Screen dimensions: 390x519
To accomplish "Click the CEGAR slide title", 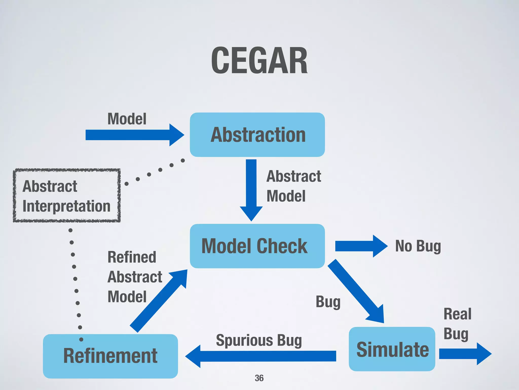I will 259,61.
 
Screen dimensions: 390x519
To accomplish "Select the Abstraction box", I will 257,135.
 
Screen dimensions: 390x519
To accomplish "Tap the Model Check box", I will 257,246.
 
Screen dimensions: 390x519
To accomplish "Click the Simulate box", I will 392,349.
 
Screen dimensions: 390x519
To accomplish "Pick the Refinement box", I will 110,356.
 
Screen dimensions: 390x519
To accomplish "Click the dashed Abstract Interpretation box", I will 67,196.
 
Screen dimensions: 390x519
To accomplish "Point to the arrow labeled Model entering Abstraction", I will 134,135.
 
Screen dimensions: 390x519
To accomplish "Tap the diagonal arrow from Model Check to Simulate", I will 357,292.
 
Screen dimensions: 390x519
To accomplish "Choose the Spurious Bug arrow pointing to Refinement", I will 261,356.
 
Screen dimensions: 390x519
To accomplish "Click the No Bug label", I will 418,246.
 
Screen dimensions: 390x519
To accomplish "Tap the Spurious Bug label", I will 259,340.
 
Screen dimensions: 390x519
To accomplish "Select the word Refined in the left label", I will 132,257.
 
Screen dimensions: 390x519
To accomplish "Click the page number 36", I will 259,378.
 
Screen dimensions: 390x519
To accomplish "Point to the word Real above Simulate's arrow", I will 457,314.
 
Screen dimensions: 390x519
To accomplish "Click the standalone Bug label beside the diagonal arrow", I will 328,302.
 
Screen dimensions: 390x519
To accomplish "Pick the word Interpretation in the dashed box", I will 66,206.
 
